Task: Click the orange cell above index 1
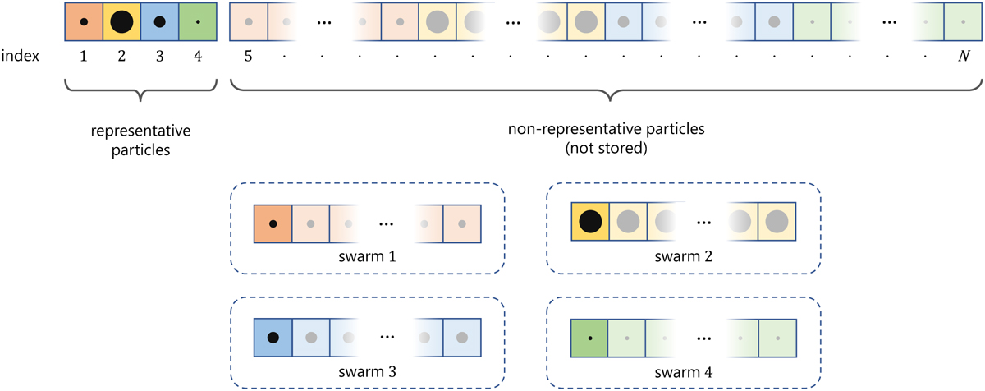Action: [x=83, y=23]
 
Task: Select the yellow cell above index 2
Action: [x=121, y=23]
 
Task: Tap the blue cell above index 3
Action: [x=159, y=23]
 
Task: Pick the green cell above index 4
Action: [x=197, y=23]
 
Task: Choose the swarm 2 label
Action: [x=683, y=257]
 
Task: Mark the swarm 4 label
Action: [x=683, y=371]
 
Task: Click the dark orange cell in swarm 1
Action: [x=273, y=223]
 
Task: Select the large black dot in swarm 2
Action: [x=589, y=222]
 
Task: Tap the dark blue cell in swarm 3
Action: [x=273, y=337]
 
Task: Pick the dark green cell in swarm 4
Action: [x=589, y=337]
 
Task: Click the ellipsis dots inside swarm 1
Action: [x=386, y=223]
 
